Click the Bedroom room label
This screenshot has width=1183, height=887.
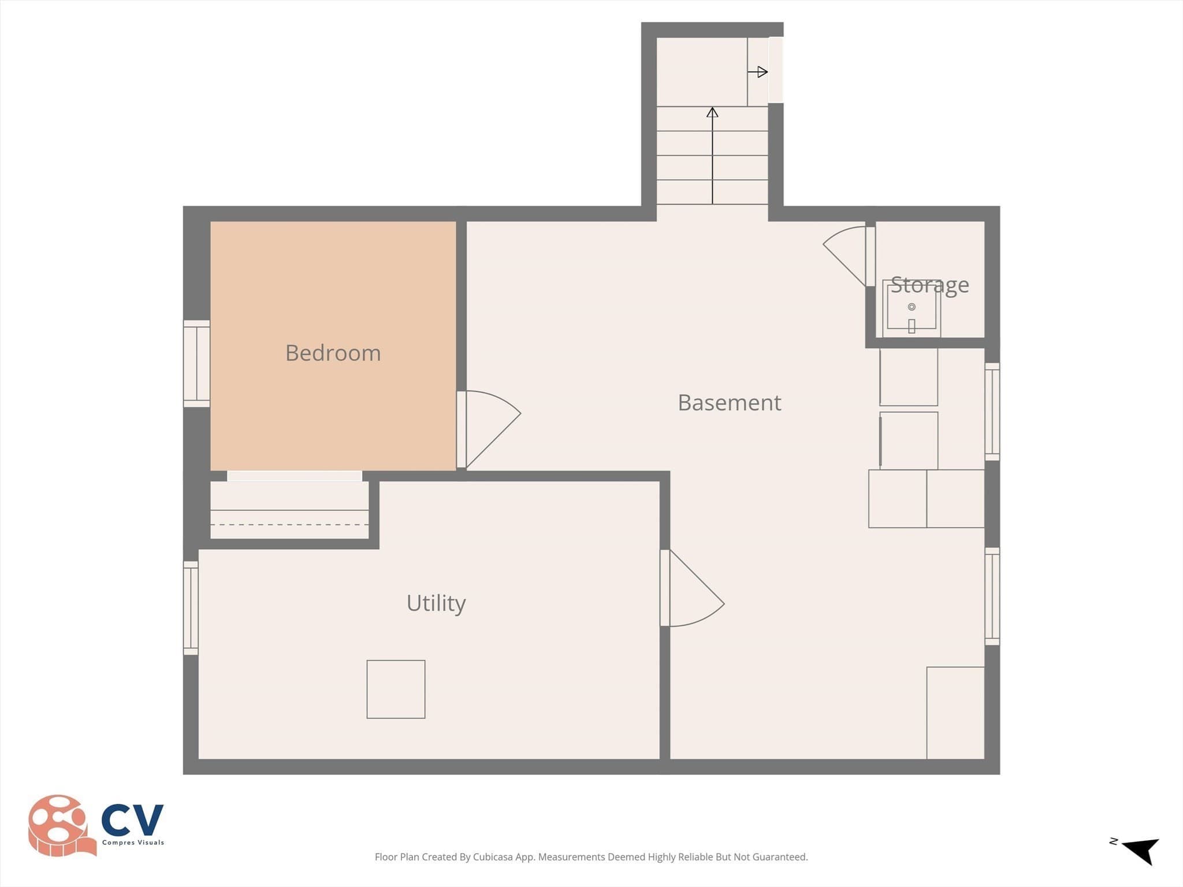point(333,353)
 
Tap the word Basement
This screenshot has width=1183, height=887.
point(729,402)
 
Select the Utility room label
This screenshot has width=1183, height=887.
point(436,603)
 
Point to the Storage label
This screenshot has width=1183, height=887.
point(929,285)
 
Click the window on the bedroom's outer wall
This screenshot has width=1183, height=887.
point(196,363)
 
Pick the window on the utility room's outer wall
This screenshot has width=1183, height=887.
point(191,608)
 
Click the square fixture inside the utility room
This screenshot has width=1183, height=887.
point(396,690)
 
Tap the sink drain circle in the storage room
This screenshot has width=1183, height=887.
point(912,307)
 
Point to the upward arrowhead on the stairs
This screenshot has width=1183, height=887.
point(712,112)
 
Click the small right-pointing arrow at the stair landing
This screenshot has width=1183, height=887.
point(757,72)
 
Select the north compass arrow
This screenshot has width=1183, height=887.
point(1141,851)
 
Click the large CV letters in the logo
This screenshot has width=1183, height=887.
point(132,821)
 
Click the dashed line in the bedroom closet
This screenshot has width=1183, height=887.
point(289,524)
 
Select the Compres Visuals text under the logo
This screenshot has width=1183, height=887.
point(133,843)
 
